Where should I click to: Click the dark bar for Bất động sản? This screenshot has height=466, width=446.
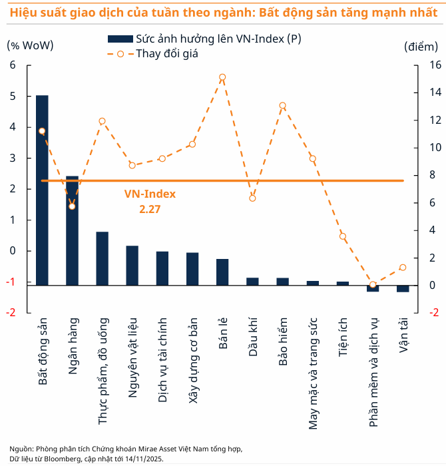[42, 190]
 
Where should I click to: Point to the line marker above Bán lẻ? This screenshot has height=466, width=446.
[222, 77]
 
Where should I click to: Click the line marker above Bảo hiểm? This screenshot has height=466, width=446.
[282, 105]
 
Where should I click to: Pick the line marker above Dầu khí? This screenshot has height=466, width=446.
[252, 198]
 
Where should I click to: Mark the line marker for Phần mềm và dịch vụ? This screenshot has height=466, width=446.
[373, 285]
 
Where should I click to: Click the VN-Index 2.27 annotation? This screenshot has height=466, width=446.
[150, 201]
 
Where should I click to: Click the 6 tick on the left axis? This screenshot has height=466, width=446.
[12, 65]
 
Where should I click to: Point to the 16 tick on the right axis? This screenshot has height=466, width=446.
[433, 65]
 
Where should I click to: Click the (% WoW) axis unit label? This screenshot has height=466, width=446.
[30, 45]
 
